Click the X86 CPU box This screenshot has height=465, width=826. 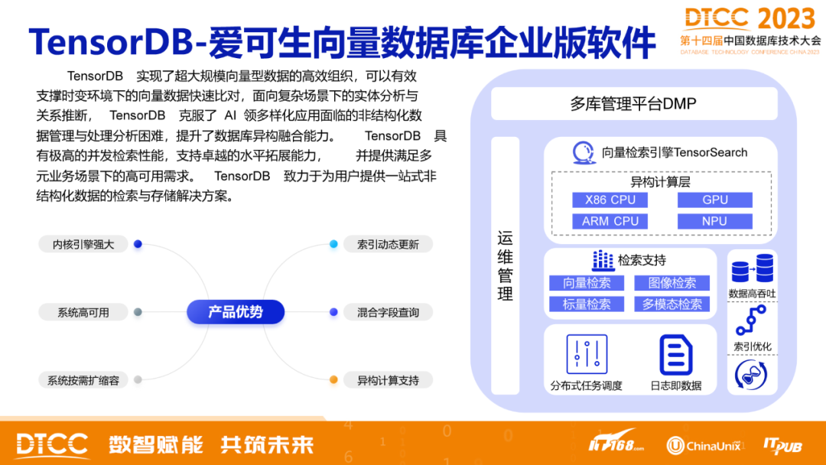[x=610, y=200]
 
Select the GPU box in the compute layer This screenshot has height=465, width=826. [x=714, y=200]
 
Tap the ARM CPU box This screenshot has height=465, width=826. [x=610, y=221]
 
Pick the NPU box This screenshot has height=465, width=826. [x=714, y=221]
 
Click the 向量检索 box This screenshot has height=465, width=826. [x=587, y=283]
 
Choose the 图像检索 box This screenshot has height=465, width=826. [x=672, y=283]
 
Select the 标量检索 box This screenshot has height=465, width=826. [x=587, y=304]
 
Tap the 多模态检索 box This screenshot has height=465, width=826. [x=672, y=304]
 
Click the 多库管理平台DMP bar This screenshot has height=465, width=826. [x=633, y=103]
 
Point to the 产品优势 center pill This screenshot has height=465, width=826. [x=236, y=312]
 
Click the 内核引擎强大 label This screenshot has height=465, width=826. [x=83, y=245]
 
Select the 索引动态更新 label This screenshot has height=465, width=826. [x=388, y=245]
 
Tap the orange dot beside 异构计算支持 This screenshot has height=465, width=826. [x=333, y=380]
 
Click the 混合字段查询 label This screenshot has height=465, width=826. [x=388, y=312]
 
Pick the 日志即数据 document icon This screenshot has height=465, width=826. [x=675, y=355]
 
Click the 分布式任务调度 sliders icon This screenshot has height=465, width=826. [x=587, y=355]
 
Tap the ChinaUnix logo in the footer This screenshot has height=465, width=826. [x=704, y=445]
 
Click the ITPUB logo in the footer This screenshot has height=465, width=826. [x=782, y=445]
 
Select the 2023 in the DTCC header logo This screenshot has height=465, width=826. [x=787, y=18]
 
